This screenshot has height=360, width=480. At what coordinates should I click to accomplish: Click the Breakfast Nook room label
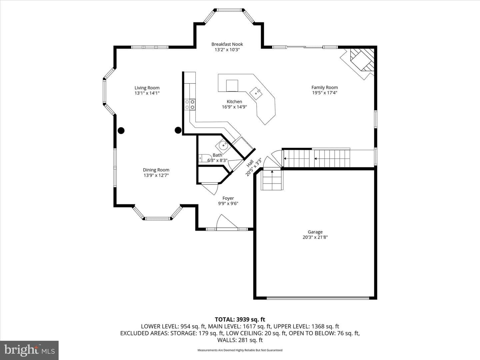click(x=227, y=44)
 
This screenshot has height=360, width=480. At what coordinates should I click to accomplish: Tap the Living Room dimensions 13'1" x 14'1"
click(x=147, y=93)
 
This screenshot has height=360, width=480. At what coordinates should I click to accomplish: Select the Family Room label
click(x=325, y=87)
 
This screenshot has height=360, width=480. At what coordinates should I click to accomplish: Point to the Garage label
click(x=315, y=232)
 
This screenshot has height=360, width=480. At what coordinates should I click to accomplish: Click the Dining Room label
click(x=156, y=170)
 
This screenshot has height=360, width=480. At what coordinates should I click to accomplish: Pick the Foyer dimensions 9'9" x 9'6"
click(x=228, y=203)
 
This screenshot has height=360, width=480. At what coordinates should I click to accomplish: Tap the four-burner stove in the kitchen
click(x=190, y=104)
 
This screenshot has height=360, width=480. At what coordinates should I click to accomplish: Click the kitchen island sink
click(x=256, y=94)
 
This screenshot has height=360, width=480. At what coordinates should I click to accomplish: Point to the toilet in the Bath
click(x=203, y=158)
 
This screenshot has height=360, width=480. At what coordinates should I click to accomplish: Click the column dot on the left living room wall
click(x=121, y=130)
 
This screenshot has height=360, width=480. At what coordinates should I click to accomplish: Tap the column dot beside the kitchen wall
click(x=178, y=130)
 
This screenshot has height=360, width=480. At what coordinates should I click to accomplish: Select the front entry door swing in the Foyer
click(x=225, y=222)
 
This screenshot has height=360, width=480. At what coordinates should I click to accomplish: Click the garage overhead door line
click(x=318, y=298)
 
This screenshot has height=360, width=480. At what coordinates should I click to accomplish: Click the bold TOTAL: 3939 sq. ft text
click(x=240, y=319)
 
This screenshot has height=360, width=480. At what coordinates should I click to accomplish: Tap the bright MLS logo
click(x=29, y=350)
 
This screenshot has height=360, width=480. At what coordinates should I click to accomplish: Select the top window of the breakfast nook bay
click(x=229, y=10)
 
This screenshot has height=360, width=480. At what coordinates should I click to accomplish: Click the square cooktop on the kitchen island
click(x=232, y=85)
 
